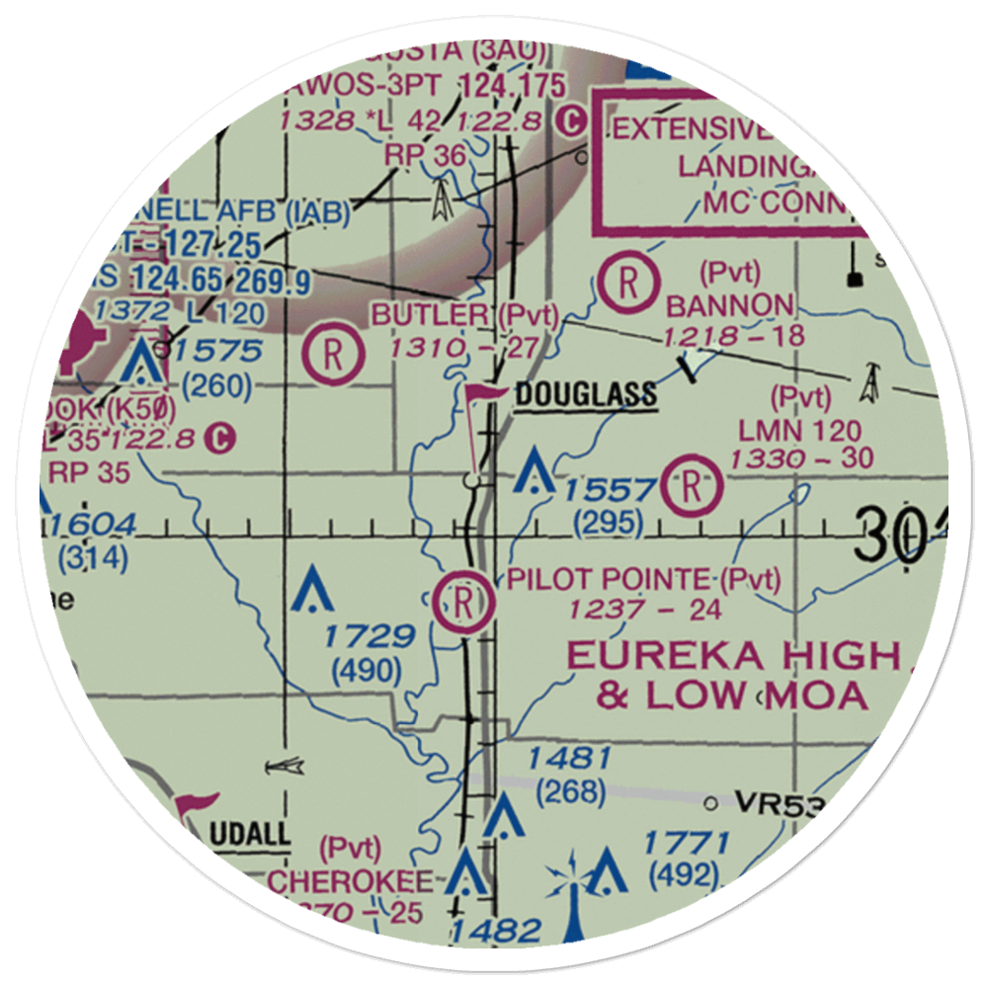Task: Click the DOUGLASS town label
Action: click(585, 395)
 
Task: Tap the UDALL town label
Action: click(250, 835)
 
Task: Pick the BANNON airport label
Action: click(730, 305)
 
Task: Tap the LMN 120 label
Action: click(799, 431)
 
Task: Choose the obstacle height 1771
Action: click(687, 844)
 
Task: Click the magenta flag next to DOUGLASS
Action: click(482, 397)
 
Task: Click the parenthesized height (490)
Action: click(367, 672)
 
